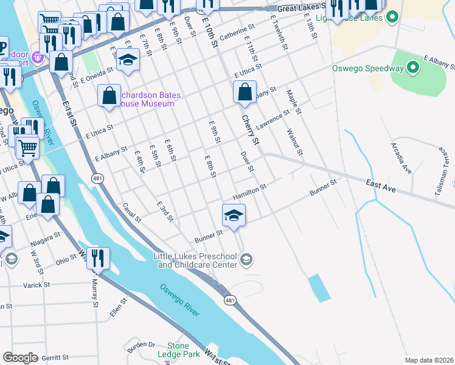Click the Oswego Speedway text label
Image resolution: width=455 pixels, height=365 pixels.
point(367,68)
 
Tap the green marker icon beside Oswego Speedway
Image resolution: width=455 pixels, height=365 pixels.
point(414,68)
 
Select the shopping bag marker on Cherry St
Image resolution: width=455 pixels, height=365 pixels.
point(245,93)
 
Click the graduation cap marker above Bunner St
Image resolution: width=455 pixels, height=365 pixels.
point(233,215)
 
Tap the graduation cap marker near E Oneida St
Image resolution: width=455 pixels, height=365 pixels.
point(128,60)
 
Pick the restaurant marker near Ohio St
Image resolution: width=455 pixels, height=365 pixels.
point(97,258)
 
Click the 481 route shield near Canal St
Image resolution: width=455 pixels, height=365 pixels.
point(97,178)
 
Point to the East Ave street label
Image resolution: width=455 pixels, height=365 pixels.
point(382,186)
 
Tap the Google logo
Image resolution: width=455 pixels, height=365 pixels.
point(20,358)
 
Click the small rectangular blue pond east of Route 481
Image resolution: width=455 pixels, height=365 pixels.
point(319,288)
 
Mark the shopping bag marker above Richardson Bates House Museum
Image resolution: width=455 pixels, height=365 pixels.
point(109,96)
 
